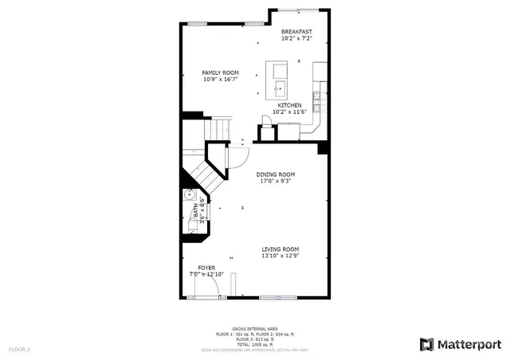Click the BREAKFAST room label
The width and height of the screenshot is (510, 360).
coord(296,31)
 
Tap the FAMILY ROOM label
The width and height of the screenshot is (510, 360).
coord(221,72)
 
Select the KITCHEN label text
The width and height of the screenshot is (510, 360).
coord(289,105)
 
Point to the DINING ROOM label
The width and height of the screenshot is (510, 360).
coord(276,174)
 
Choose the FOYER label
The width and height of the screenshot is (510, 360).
coord(206,268)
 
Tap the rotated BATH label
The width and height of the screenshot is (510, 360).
coord(196,212)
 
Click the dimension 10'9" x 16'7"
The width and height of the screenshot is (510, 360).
coord(221,80)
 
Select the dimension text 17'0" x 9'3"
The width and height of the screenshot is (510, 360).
coord(276,181)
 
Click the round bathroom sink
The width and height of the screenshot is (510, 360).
coord(190,196)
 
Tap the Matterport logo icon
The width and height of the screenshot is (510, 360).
coord(426,344)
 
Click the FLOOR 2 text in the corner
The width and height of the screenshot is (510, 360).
coord(19,349)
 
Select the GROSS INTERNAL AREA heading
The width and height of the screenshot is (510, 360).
coord(254,328)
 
